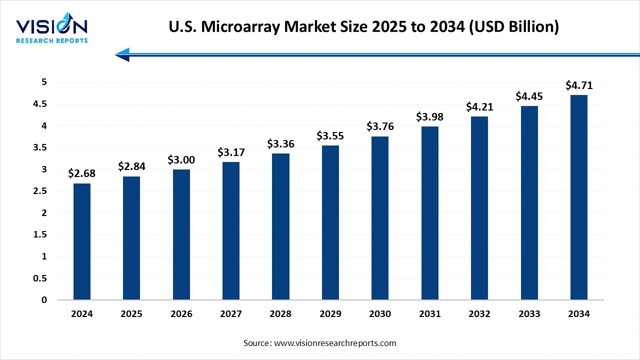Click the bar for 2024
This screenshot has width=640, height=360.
(81, 241)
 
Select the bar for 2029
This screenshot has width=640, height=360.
(330, 222)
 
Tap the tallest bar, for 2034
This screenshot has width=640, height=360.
(578, 197)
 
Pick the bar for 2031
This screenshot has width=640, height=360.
(429, 213)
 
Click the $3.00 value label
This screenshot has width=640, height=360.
(181, 160)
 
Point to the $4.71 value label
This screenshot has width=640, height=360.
(578, 85)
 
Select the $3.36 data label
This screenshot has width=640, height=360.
(280, 144)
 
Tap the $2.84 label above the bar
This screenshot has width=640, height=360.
(131, 166)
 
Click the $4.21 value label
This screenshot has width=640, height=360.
(479, 107)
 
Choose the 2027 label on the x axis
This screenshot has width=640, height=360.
(231, 314)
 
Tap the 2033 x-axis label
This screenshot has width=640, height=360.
(529, 314)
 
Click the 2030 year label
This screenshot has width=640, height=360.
(380, 314)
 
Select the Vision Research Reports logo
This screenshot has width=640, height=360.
(52, 30)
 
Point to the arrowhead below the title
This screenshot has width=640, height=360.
(122, 54)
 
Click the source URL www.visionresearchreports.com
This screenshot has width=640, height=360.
(334, 343)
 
